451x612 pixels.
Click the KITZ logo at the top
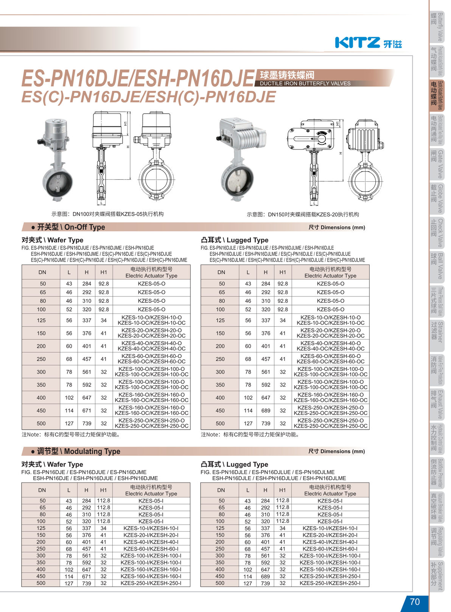pos(368,42)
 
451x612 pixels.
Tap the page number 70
pos(415,602)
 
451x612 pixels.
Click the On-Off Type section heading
pos(68,227)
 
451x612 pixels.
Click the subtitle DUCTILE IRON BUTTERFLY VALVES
pos(305,83)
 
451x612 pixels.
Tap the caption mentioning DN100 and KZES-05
pos(108,214)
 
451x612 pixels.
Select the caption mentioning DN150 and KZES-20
pos(303,215)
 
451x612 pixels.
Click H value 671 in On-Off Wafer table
pos(87,411)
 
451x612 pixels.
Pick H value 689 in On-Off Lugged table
pos(266,411)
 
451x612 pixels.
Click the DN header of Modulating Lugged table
pos(221,490)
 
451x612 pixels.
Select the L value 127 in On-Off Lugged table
pos(248,424)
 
